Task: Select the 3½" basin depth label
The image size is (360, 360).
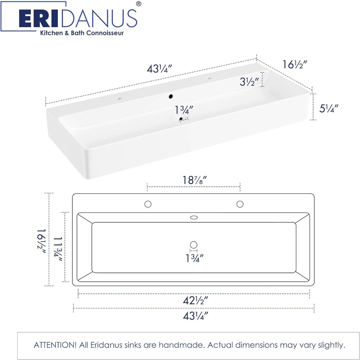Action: [250, 82]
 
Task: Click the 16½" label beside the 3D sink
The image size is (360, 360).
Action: [295, 65]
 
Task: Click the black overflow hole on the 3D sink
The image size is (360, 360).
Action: [171, 96]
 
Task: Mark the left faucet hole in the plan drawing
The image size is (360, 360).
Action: [148, 204]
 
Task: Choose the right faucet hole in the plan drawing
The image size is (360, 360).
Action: [240, 204]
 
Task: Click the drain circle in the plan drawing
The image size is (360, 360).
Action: [193, 245]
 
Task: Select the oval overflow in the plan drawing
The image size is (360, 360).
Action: [194, 218]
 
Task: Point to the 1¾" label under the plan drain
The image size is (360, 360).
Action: [194, 258]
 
